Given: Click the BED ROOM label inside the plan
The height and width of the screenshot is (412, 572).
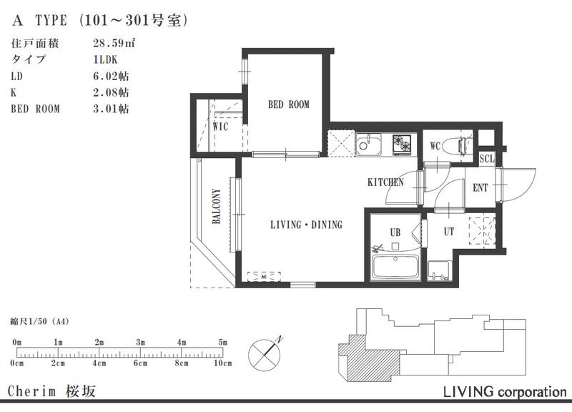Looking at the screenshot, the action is point(289,104).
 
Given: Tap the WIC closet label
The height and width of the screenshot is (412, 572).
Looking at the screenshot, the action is point(221,127).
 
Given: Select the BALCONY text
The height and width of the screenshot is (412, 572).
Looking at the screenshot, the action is point(217,206).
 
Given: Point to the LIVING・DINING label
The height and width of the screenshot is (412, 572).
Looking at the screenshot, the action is point(307,225).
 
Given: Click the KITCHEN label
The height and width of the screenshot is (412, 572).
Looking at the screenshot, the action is point(385,182).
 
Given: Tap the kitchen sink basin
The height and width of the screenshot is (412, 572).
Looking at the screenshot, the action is point(368,144).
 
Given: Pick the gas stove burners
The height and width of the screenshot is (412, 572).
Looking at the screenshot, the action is point(402,144).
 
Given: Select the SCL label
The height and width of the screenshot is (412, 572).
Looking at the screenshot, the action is point(487,159).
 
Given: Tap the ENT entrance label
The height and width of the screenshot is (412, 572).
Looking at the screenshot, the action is point(480,188).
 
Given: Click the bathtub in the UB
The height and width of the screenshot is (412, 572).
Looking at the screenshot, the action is point(395,266).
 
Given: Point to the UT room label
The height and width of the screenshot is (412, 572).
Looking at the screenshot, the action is point(449,232).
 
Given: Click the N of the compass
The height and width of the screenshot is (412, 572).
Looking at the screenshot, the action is point(280,340).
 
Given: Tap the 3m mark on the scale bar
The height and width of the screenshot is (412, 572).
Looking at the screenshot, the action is point(140,343).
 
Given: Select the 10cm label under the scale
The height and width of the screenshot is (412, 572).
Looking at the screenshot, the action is point(222,363).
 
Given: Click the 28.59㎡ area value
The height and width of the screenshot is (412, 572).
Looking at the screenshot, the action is point(114,43).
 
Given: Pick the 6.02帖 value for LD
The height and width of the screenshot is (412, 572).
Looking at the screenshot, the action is point(111,76).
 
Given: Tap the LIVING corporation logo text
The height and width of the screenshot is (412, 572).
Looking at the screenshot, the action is point(505,392).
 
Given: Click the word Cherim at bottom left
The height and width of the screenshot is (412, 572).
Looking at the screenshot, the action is point(31,391).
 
